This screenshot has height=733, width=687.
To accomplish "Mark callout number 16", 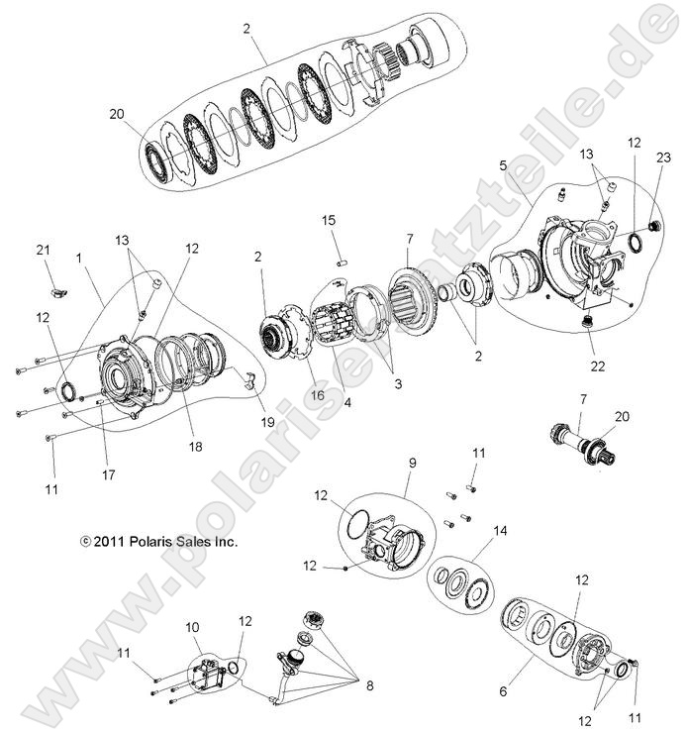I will point(291,395).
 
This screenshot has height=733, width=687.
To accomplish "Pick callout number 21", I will point(43,249).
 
